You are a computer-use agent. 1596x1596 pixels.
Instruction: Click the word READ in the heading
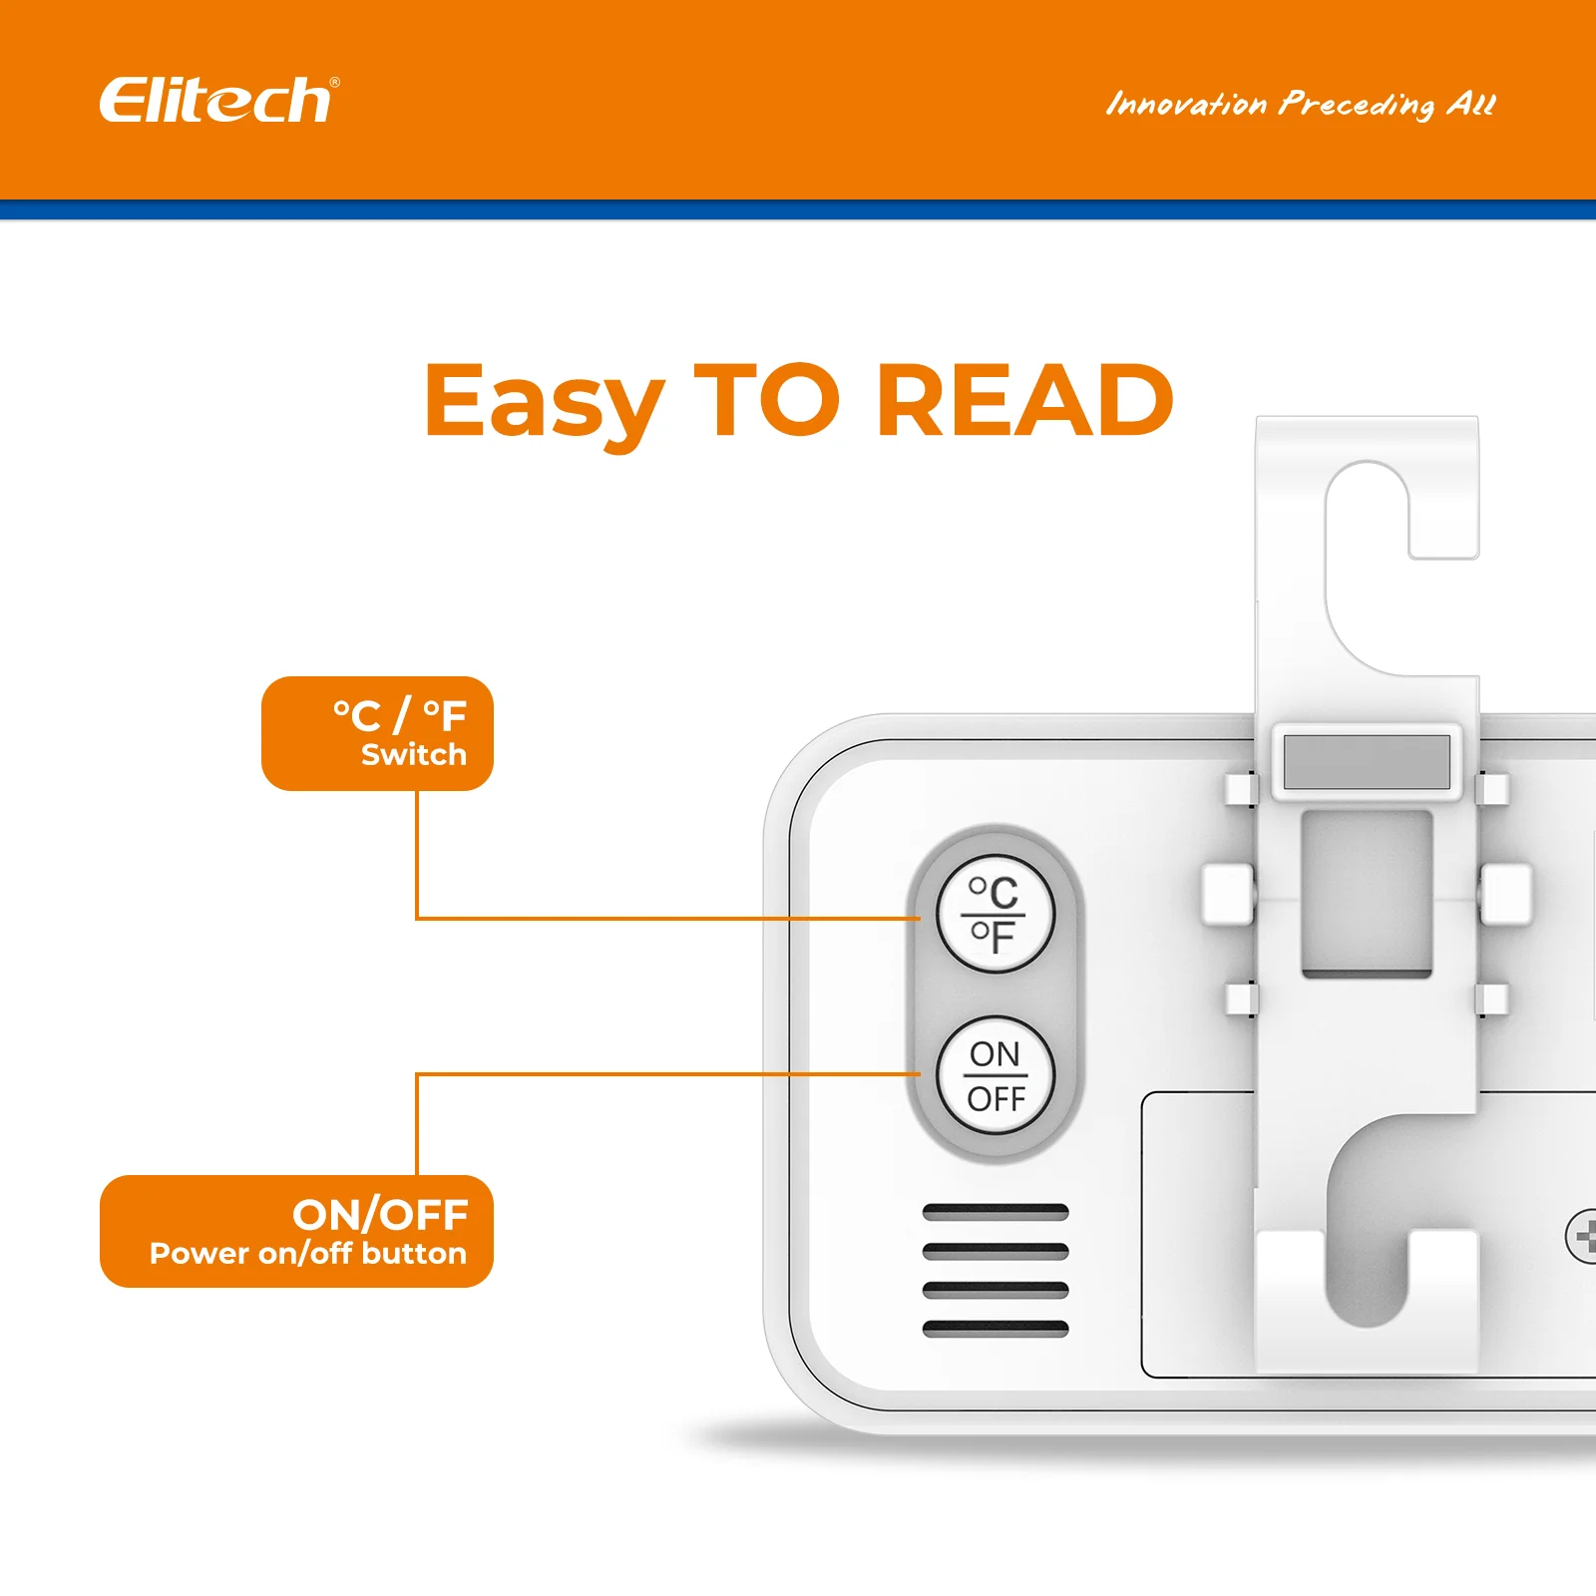click(x=1024, y=400)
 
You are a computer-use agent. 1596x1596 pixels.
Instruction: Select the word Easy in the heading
click(x=544, y=404)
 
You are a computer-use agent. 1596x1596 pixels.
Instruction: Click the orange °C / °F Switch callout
click(x=377, y=733)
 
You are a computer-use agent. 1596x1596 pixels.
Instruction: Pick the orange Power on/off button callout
click(x=296, y=1231)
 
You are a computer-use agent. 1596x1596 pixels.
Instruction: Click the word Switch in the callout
click(x=414, y=755)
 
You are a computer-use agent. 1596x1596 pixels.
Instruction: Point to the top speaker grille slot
click(x=996, y=1213)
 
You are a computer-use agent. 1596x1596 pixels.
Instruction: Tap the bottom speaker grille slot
click(x=996, y=1329)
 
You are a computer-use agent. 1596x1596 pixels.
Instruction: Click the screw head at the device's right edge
click(x=1582, y=1237)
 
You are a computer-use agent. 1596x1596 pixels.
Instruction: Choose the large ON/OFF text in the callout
click(x=380, y=1216)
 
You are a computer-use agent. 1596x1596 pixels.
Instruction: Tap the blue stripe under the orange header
click(x=798, y=209)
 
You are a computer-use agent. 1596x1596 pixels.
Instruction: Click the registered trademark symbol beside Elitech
click(x=334, y=83)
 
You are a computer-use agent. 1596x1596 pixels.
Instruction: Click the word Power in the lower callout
click(x=199, y=1253)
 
